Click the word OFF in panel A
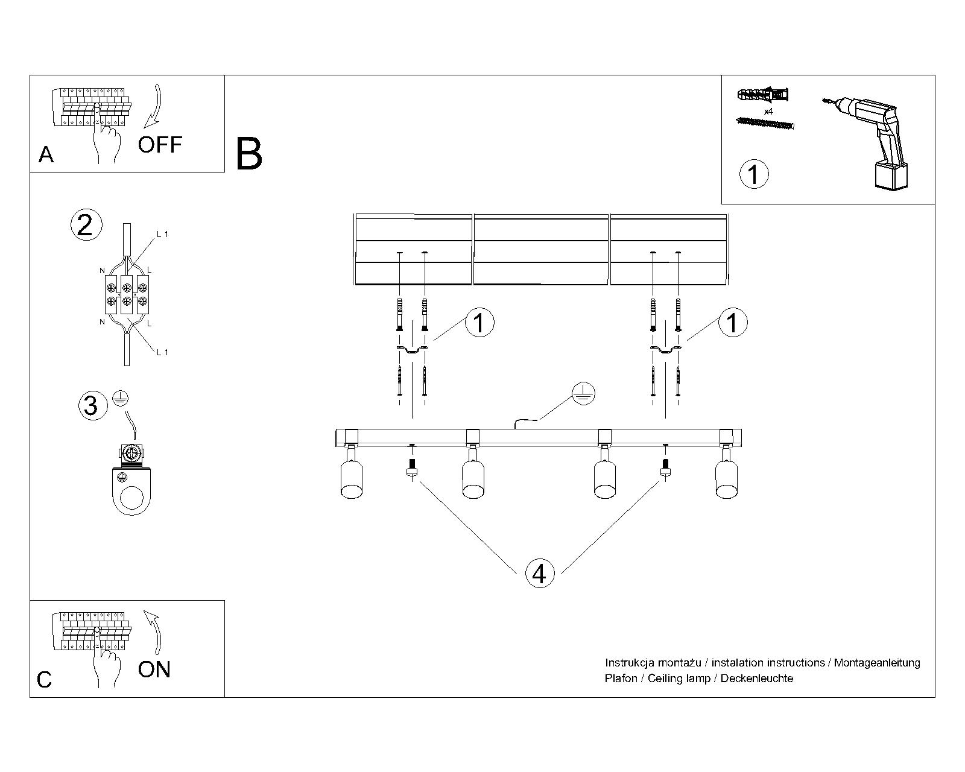click(x=160, y=145)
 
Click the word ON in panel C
click(x=154, y=669)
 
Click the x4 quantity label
click(x=768, y=112)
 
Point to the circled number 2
click(x=86, y=225)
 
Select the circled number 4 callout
click(x=539, y=574)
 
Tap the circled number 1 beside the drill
click(x=753, y=174)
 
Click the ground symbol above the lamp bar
click(x=583, y=393)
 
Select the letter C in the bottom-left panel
click(x=45, y=680)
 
